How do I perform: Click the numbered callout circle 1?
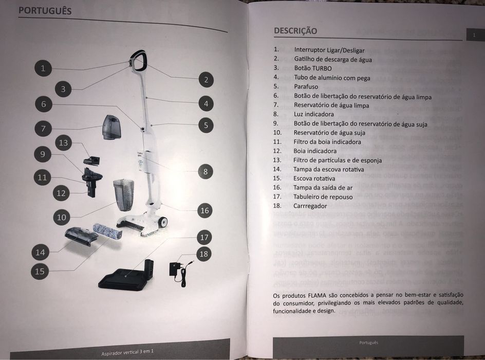(43, 68)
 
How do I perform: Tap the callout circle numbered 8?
(206, 172)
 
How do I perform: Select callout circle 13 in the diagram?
(63, 142)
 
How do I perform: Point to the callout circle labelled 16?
(205, 210)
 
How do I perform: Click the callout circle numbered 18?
(204, 254)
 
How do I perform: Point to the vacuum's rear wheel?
(163, 222)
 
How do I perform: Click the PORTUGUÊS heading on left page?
(45, 10)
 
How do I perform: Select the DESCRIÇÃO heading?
(295, 31)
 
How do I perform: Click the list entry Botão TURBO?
(313, 68)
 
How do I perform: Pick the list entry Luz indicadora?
(314, 114)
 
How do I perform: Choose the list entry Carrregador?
(310, 206)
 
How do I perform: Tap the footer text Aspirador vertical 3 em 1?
(127, 352)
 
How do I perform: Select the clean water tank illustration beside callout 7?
(112, 127)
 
